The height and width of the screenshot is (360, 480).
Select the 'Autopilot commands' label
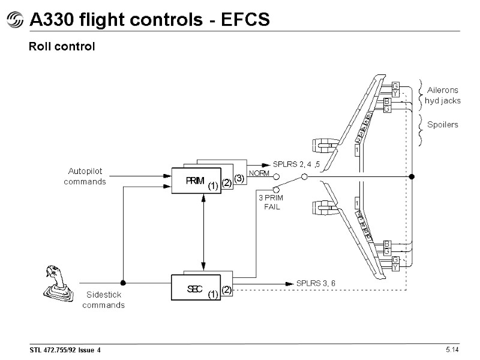85,176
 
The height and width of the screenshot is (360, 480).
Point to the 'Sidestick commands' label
103,300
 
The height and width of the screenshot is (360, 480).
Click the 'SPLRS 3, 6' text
316,283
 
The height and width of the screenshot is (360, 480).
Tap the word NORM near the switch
259,173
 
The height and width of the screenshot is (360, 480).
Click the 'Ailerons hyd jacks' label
443,95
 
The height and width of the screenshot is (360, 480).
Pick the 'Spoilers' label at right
442,125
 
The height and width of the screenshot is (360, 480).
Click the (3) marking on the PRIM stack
239,178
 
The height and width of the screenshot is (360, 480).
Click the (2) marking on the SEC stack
226,290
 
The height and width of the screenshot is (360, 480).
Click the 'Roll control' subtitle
62,46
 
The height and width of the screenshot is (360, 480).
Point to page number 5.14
452,349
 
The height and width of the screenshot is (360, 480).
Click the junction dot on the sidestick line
122,282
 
